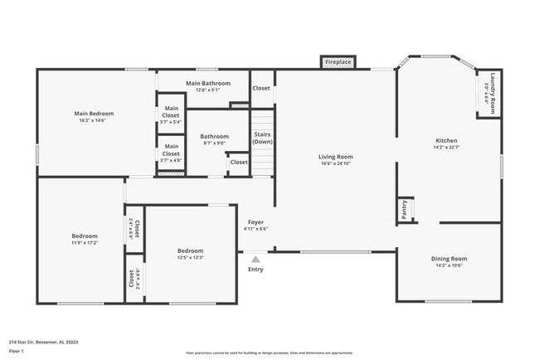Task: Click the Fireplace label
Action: pos(337,62)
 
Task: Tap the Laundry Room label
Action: pos(492,91)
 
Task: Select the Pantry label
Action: pos(404,209)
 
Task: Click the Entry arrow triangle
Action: pos(255,260)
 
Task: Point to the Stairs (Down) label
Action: pos(262,138)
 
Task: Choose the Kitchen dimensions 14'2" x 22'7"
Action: pos(447,148)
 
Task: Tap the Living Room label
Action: pos(336,157)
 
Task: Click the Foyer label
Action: pos(255,222)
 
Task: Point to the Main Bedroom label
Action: pos(94,114)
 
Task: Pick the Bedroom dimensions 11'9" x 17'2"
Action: pos(85,243)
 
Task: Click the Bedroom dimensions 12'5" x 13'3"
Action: pos(190,257)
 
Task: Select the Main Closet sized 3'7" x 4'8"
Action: pos(171,160)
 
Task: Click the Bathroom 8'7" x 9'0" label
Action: pos(214,137)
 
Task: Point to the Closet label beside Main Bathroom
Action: pos(261,87)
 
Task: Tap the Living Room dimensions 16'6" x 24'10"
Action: pos(336,163)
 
